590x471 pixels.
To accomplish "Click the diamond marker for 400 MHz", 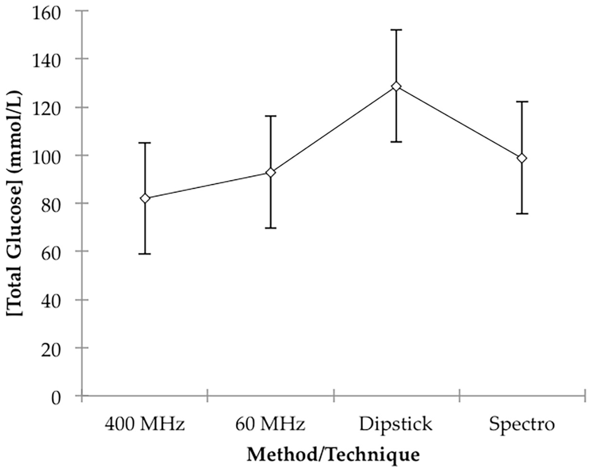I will [145, 198].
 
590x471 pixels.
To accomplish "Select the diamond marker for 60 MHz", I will [271, 173].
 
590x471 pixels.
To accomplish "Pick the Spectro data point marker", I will [522, 158].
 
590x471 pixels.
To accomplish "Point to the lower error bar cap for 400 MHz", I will [145, 254].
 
